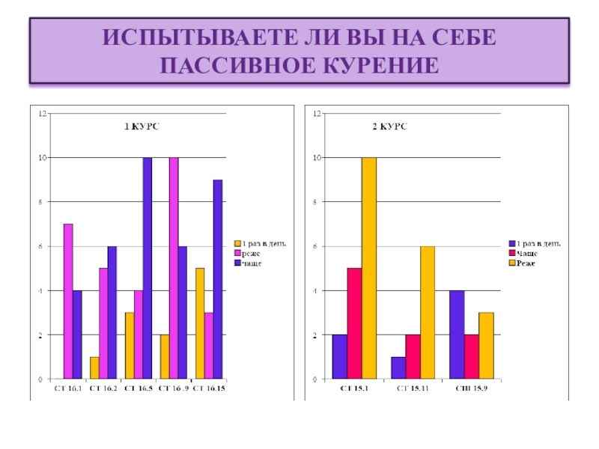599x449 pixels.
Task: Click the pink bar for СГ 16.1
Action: tap(68, 302)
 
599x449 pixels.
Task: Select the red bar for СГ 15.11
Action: tap(413, 357)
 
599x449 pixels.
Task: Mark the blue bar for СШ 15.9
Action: tap(457, 335)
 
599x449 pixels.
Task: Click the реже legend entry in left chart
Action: tap(252, 253)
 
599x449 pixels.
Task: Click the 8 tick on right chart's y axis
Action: tap(317, 202)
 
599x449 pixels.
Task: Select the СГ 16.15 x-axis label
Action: tap(210, 389)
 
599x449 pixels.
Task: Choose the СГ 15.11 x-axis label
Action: tap(413, 389)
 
